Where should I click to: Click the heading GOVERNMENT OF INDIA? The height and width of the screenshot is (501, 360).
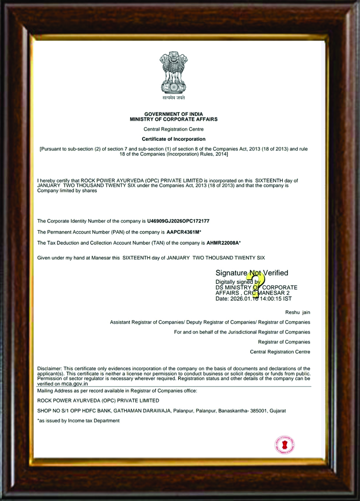(x=174, y=115)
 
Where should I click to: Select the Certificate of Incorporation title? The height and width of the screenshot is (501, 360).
(x=174, y=139)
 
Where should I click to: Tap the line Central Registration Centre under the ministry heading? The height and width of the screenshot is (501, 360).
(x=174, y=129)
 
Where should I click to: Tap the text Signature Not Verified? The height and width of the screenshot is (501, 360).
(x=252, y=273)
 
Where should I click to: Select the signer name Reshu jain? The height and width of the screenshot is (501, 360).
(x=298, y=312)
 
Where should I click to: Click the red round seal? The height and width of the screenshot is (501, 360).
(x=285, y=445)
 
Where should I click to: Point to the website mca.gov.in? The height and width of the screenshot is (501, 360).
(x=74, y=383)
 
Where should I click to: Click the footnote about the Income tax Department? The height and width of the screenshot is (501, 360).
(x=79, y=420)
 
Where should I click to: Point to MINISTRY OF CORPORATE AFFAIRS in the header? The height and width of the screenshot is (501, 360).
(x=174, y=119)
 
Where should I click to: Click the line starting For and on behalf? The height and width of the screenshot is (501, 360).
(x=242, y=332)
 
